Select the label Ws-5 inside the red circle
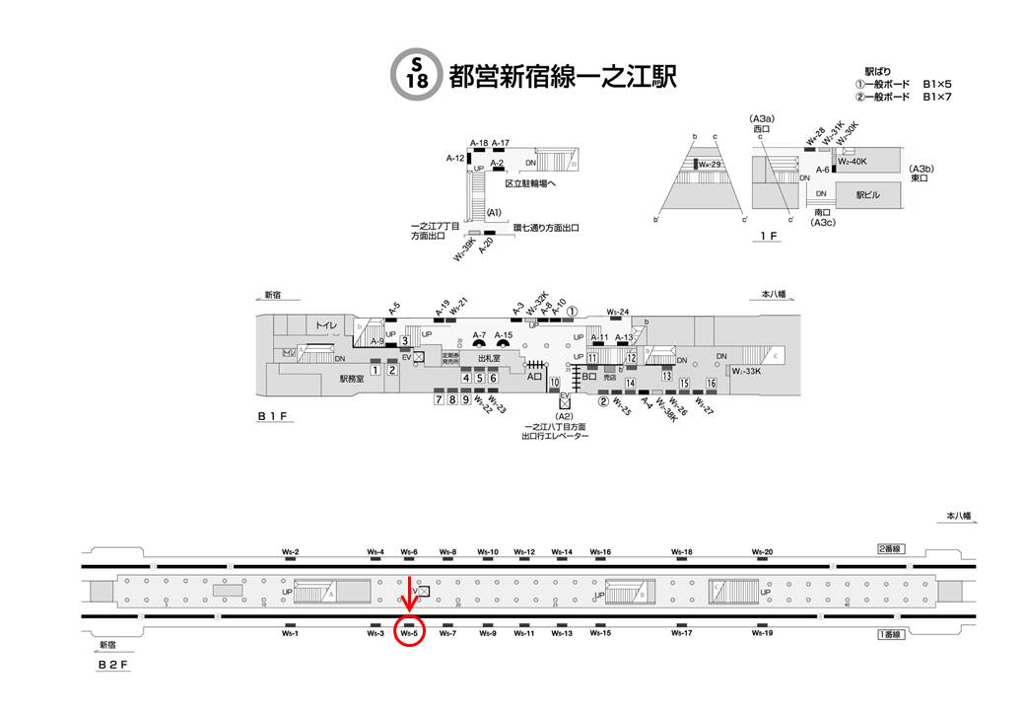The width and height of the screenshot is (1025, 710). pos(411,633)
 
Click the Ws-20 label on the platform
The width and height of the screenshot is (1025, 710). pos(762,552)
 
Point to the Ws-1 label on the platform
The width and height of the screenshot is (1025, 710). pos(290,633)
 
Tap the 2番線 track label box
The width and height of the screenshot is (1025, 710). pos(892,548)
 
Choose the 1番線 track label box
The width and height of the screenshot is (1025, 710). pos(891,633)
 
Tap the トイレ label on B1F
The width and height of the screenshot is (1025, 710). pos(326,325)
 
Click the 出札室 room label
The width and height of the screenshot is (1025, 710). pos(489,359)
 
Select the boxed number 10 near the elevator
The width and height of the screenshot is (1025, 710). pos(555,382)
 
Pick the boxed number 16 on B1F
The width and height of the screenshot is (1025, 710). pos(711,383)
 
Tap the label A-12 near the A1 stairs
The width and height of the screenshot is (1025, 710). pos(454,158)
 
